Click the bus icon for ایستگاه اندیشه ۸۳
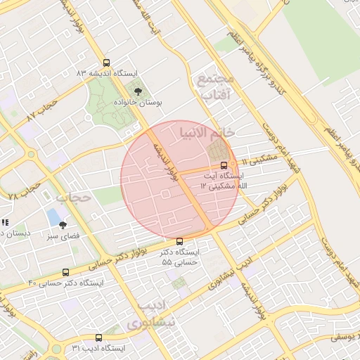coord(106,63)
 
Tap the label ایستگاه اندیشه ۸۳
coord(107,73)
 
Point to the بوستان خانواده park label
coord(139,103)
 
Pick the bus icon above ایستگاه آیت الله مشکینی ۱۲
coord(224,165)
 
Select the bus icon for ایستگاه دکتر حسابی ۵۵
coord(179,241)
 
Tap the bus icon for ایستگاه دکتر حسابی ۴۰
coord(66,272)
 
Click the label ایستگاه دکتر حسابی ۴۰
coord(65,283)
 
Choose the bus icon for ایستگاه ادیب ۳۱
coord(98,337)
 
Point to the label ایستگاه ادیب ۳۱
coord(98,348)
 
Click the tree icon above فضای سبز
coord(63,225)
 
